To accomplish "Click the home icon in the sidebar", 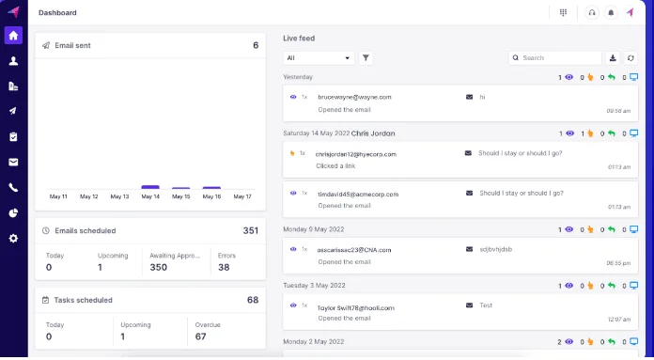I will click(x=13, y=36).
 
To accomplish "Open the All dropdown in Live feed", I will click(x=319, y=58).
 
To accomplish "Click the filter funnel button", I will click(x=366, y=58).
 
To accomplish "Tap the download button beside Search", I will click(x=614, y=58).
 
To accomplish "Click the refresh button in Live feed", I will click(x=631, y=58).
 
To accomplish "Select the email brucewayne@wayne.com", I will click(x=354, y=97).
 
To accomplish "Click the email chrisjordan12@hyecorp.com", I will click(x=356, y=153).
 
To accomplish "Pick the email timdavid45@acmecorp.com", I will click(x=358, y=194).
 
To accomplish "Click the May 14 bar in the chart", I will click(x=150, y=187).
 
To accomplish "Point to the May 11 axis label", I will click(x=58, y=197).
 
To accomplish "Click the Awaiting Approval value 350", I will click(x=159, y=267).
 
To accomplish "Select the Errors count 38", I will click(x=224, y=267).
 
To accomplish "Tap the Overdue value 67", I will click(x=201, y=337).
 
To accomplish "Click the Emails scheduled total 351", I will click(x=250, y=230).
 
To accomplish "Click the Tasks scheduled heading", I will click(x=84, y=300).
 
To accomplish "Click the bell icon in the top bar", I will click(x=611, y=13).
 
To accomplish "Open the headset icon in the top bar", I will click(x=591, y=13).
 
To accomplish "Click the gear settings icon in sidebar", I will click(x=13, y=239).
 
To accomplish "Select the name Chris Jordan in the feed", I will click(x=375, y=133).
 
